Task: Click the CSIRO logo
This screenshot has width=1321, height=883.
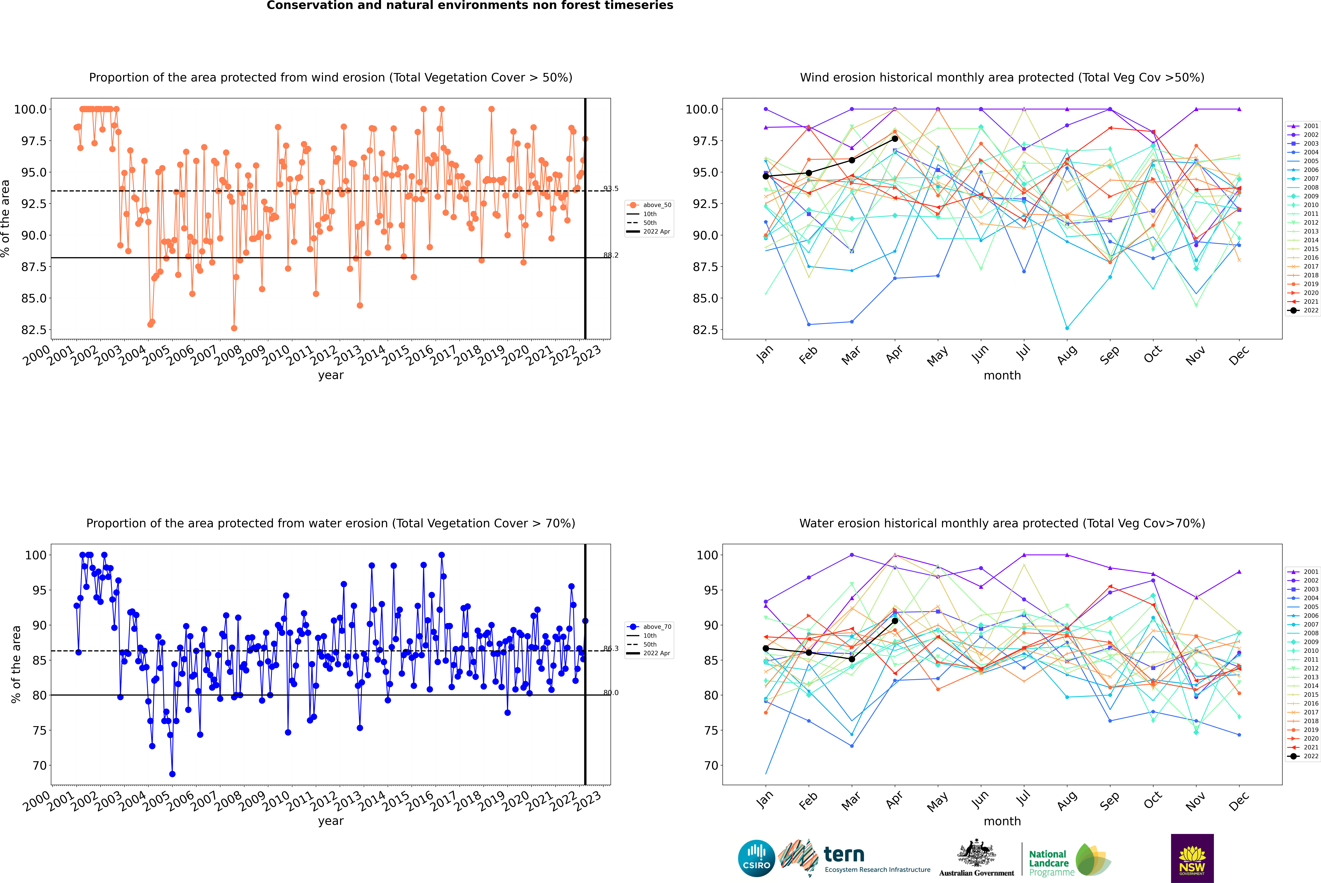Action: pos(756,858)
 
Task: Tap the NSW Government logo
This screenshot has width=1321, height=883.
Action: pos(1192,858)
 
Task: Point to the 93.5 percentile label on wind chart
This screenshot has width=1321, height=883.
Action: pos(611,189)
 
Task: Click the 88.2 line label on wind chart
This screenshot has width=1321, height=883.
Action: pos(611,255)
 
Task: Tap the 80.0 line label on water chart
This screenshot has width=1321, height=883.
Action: pos(611,693)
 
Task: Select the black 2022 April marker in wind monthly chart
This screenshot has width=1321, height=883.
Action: pos(895,139)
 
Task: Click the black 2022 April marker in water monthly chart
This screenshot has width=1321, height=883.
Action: pos(895,621)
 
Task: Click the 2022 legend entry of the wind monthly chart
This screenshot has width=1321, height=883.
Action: pos(1303,310)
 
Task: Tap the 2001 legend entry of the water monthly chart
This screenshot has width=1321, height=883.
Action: pos(1303,572)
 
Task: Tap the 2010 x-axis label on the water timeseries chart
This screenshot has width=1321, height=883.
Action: pos(276,801)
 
